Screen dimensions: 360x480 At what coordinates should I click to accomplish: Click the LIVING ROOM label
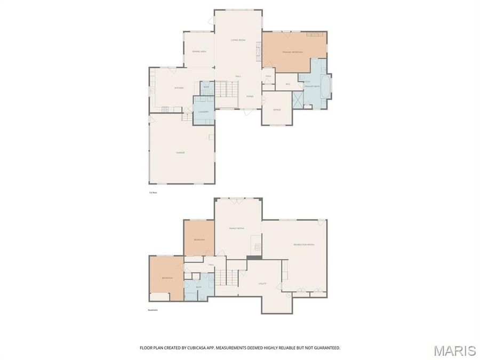(238, 40)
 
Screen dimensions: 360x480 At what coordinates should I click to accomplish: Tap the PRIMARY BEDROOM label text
(292, 52)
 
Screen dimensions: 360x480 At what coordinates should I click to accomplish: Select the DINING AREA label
(199, 51)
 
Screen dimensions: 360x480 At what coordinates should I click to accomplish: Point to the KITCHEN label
(179, 87)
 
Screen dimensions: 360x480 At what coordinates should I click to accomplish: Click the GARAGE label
(180, 153)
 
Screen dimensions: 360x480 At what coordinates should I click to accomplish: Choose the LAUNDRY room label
(203, 111)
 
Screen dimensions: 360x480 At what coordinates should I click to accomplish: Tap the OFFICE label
(277, 109)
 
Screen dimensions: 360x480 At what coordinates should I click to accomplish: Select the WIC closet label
(287, 84)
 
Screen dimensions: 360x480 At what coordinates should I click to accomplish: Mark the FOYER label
(250, 96)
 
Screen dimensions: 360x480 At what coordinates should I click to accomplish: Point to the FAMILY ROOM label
(236, 228)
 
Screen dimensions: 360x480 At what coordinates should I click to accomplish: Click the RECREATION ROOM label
(303, 244)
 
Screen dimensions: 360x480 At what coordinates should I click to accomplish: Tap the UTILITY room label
(262, 283)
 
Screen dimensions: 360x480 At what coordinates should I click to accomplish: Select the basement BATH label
(198, 287)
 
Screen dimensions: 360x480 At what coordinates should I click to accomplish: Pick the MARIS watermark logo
(454, 350)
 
